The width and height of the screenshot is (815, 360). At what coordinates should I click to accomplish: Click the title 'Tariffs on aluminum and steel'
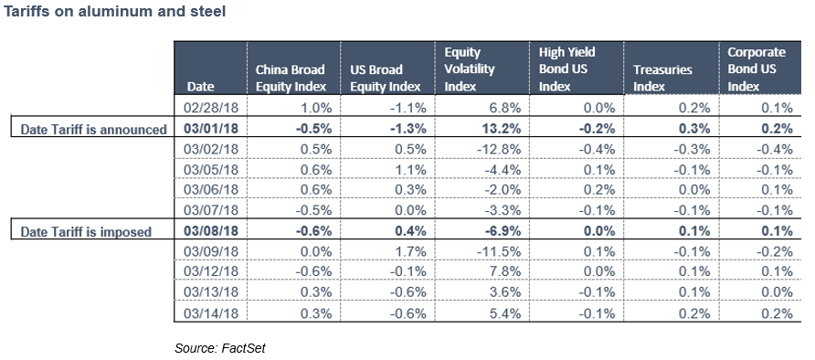point(116,12)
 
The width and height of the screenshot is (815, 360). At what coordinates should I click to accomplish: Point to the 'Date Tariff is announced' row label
point(94,129)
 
